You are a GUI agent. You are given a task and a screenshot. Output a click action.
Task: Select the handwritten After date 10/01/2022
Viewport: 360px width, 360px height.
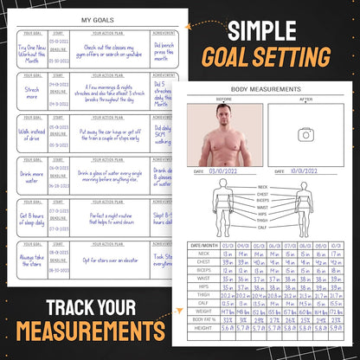point(307,171)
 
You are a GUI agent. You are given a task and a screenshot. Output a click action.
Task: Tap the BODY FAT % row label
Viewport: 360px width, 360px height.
point(203,319)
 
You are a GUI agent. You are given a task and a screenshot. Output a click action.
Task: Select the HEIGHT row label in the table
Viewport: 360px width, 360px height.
point(203,330)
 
